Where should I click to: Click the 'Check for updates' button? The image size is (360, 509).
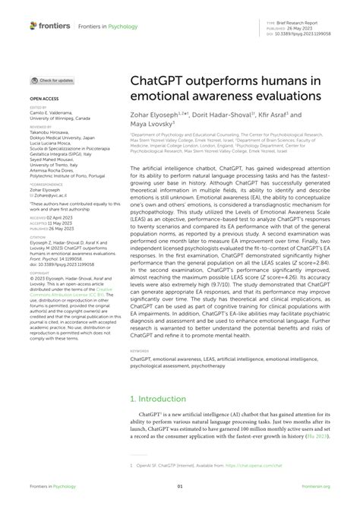tap(53, 80)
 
